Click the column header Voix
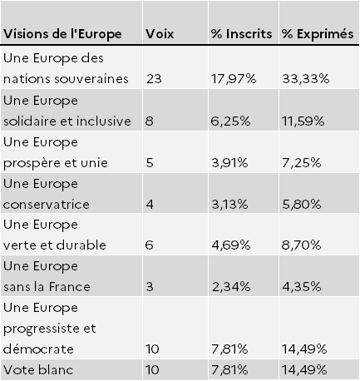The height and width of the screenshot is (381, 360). pos(160,34)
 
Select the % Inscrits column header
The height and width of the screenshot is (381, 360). pos(241,34)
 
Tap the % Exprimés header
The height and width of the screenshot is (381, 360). pos(318,34)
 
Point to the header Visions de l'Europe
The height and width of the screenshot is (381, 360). pos(62,34)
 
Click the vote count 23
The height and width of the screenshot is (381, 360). pos(154,79)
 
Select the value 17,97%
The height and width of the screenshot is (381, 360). pos(234,79)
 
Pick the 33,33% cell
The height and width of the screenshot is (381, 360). pos(306,79)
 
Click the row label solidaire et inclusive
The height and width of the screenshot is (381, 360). pos(67,121)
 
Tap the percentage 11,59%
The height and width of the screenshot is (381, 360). pos(303,121)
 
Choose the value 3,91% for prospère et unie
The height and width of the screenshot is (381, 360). pos(229,163)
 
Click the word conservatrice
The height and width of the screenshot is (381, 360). pos(47,205)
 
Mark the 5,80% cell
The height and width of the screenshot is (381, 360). pos(302,205)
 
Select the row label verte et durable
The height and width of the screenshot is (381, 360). pos(55,245)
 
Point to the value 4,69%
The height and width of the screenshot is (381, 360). pos(231,245)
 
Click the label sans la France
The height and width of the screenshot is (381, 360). pos(47,287)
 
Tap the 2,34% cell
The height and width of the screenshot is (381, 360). pos(231,287)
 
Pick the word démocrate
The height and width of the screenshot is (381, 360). pos(38,349)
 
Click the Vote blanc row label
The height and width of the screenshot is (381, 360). pos(38,370)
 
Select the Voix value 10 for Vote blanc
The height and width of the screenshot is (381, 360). pos(152,370)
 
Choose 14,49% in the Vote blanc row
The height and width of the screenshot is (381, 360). pos(304,370)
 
